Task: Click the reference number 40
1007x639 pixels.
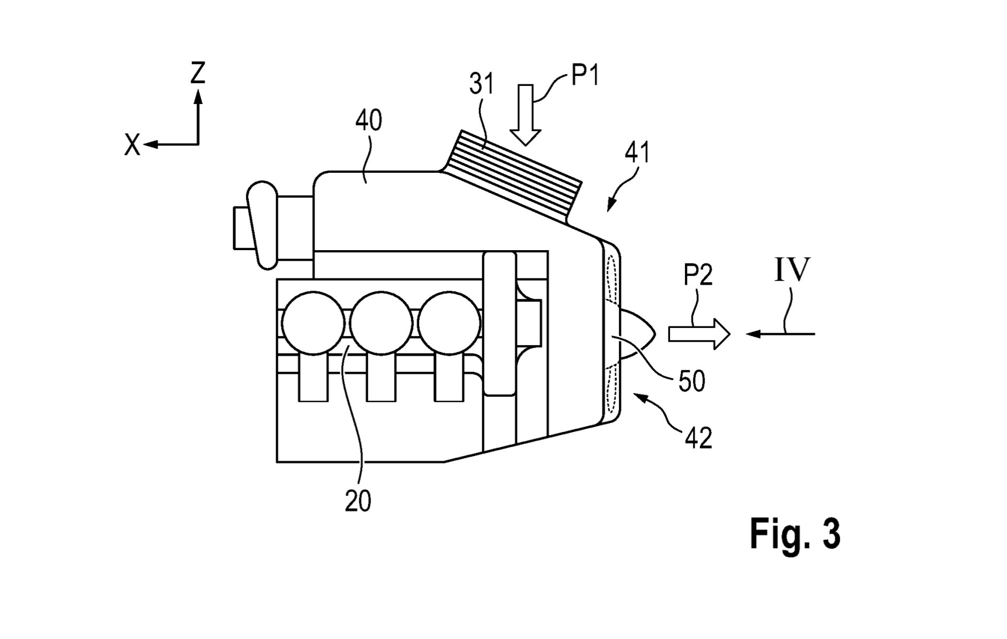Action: [368, 121]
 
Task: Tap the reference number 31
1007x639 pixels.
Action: [482, 84]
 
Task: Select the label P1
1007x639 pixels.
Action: [585, 75]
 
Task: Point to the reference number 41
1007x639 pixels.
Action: [638, 153]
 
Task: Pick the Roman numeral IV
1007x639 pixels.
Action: [792, 270]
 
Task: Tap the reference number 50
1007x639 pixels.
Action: [691, 381]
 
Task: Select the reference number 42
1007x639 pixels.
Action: [698, 438]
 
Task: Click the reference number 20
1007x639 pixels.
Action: [358, 501]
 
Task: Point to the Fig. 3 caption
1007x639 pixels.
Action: [795, 533]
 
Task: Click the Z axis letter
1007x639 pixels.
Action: [198, 73]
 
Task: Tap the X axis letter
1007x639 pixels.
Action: [132, 145]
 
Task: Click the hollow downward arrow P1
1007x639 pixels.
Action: [526, 115]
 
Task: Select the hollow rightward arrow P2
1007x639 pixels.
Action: [699, 334]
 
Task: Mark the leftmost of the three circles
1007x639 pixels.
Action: [313, 323]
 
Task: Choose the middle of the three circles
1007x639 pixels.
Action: [381, 323]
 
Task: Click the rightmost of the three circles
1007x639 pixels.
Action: [449, 323]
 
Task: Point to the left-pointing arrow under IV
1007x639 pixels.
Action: [781, 334]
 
